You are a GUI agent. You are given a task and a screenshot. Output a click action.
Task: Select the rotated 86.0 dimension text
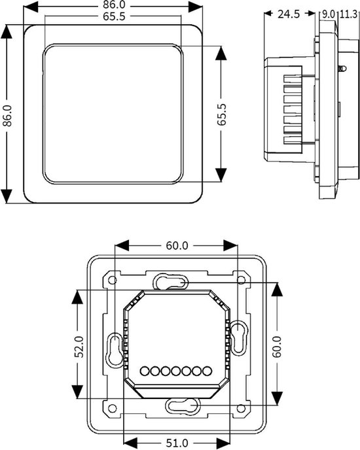[8, 116]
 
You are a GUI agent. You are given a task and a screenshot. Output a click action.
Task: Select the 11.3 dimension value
[347, 14]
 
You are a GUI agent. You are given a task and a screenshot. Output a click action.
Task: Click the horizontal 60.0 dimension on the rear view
[176, 246]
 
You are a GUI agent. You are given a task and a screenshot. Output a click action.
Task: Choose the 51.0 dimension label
[176, 442]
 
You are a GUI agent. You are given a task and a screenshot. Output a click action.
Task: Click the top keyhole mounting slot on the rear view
[170, 282]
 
